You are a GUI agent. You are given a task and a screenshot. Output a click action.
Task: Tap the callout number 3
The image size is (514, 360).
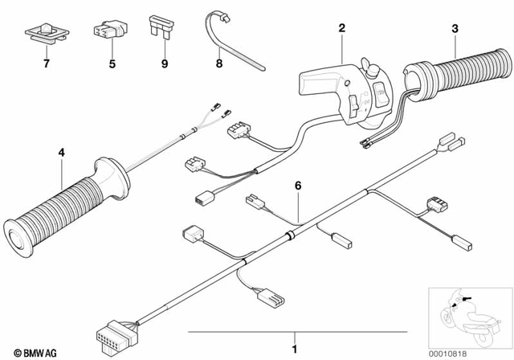455,30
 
